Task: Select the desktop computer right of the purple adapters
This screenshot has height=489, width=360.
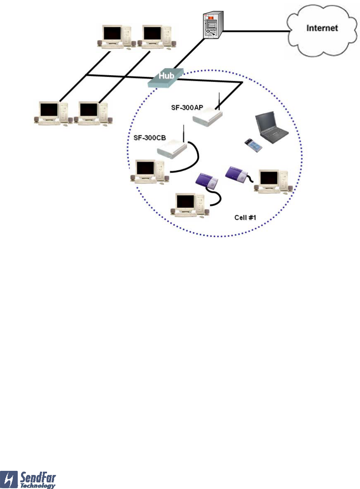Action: (273, 181)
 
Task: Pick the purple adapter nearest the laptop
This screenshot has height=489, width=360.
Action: (237, 173)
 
